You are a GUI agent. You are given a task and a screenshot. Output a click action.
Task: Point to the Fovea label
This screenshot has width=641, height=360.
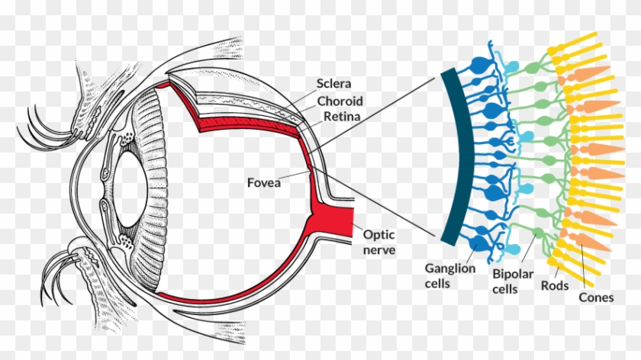coord(265,182)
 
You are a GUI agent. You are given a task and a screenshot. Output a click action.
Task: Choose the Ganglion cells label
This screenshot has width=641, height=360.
coord(450,275)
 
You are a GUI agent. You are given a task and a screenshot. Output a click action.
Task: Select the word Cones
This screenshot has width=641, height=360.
coord(595,297)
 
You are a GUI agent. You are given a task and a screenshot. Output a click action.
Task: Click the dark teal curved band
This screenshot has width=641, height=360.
coord(446,153)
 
